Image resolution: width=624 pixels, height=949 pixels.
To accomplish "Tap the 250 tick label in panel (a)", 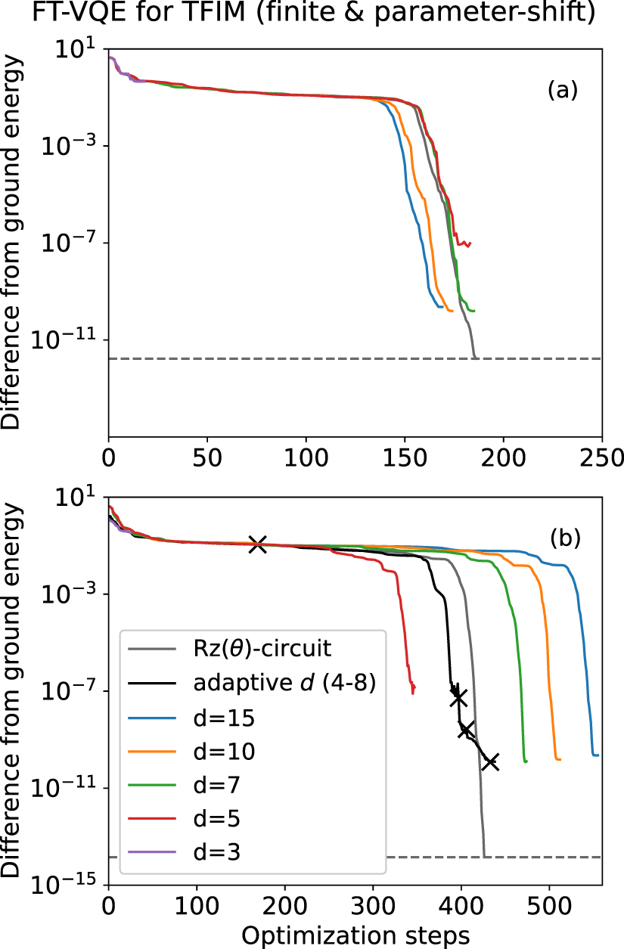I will pyautogui.click(x=601, y=458).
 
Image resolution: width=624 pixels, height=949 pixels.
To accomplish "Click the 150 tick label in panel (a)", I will pyautogui.click(x=405, y=458).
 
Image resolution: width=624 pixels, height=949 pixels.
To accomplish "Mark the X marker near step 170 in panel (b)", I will pyautogui.click(x=258, y=544).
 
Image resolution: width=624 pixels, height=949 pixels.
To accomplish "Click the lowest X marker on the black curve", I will pyautogui.click(x=490, y=761).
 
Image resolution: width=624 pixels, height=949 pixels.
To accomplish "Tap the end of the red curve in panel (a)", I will pyautogui.click(x=470, y=243).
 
